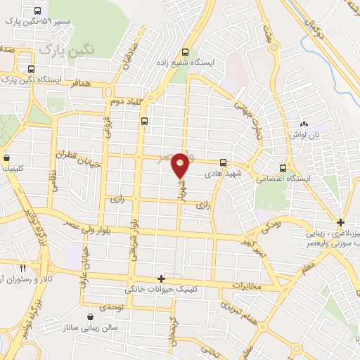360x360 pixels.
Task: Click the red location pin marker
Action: (x=181, y=165)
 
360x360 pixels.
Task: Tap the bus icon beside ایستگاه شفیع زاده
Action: (x=186, y=52)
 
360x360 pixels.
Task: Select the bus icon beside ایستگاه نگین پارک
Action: (x=31, y=70)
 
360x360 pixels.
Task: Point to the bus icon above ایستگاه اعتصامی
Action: (x=283, y=168)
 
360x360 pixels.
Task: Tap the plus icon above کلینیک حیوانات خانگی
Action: (x=161, y=279)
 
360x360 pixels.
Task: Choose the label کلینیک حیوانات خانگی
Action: (x=162, y=289)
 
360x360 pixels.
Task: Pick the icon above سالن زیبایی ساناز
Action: (x=91, y=318)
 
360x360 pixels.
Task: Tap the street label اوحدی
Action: (x=112, y=308)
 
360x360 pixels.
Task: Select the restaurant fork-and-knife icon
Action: (x=22, y=268)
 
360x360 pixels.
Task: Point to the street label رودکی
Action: (x=271, y=227)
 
